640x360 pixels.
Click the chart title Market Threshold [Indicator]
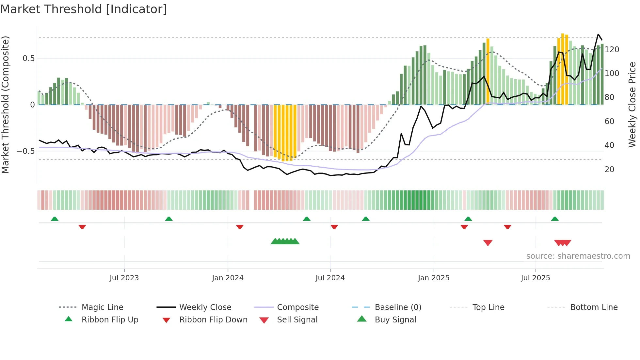click(84, 9)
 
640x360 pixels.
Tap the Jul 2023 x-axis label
click(124, 278)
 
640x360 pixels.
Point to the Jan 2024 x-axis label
click(228, 278)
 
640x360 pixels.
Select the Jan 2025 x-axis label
click(434, 278)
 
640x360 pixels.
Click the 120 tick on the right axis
click(612, 50)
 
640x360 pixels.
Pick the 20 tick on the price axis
click(609, 170)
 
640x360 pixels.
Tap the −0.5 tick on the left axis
click(25, 151)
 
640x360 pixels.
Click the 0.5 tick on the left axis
click(28, 58)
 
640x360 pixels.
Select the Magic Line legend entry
click(102, 307)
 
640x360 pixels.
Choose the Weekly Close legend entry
click(205, 307)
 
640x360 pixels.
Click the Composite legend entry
click(297, 307)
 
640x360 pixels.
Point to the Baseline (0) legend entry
click(398, 307)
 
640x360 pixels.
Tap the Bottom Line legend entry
click(594, 307)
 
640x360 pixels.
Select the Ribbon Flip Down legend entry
click(213, 320)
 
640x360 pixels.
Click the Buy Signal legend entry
click(395, 320)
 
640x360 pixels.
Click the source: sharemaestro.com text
click(578, 256)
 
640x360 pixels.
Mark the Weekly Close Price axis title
click(632, 105)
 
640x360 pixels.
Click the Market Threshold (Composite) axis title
click(5, 105)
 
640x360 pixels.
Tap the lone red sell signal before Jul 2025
click(488, 243)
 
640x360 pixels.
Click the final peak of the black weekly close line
click(598, 34)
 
